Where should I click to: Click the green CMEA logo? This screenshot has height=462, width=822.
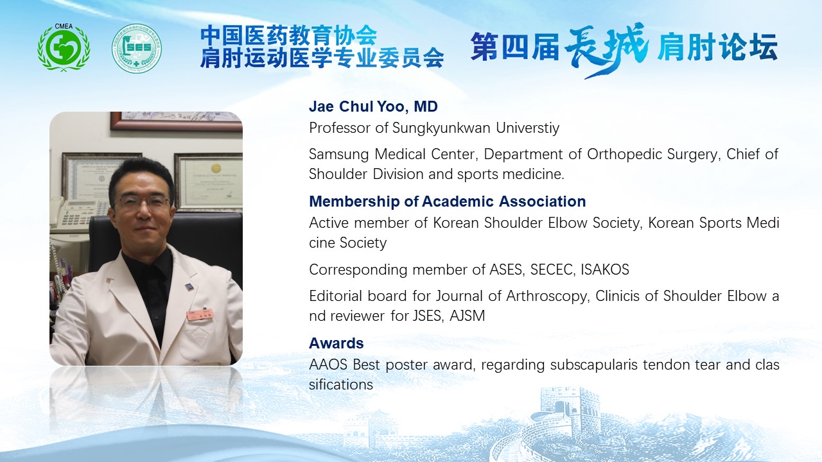64,47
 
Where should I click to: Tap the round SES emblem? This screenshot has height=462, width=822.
137,48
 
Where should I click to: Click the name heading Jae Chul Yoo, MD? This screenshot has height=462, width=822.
373,107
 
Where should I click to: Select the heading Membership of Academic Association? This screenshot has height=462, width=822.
448,201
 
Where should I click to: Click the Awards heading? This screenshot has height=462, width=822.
336,343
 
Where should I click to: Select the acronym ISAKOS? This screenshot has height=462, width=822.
605,269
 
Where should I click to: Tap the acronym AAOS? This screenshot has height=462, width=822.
328,365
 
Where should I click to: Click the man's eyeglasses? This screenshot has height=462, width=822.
143,202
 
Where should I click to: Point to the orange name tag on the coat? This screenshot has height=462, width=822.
200,314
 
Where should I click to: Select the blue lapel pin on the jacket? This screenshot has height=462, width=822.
189,287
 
